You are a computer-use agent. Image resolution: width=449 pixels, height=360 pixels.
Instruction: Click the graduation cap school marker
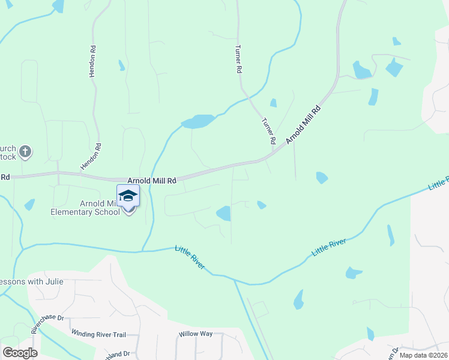tap(128, 196)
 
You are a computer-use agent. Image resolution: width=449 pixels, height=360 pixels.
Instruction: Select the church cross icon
tap(25, 152)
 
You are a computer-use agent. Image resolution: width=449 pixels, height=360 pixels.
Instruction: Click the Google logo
tap(20, 353)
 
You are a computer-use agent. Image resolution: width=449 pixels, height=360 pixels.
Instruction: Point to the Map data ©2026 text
tap(424, 355)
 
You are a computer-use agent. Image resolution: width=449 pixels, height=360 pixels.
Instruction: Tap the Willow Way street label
tap(195, 334)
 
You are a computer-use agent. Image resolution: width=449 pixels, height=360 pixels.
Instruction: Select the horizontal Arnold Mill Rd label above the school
tap(152, 180)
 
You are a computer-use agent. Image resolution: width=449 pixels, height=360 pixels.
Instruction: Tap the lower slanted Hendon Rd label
tap(91, 156)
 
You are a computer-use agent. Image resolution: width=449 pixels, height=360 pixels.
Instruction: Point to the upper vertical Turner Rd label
tap(238, 59)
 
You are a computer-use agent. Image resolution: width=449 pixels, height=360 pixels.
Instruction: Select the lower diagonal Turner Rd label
tap(268, 130)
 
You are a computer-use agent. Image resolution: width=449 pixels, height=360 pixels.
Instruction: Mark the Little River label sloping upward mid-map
tap(329, 247)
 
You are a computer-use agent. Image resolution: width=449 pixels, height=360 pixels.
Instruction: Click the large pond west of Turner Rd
tap(198, 122)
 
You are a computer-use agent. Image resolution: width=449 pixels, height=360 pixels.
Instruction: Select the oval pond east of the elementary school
tap(223, 213)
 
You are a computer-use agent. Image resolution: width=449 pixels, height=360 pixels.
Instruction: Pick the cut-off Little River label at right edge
tap(439, 184)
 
